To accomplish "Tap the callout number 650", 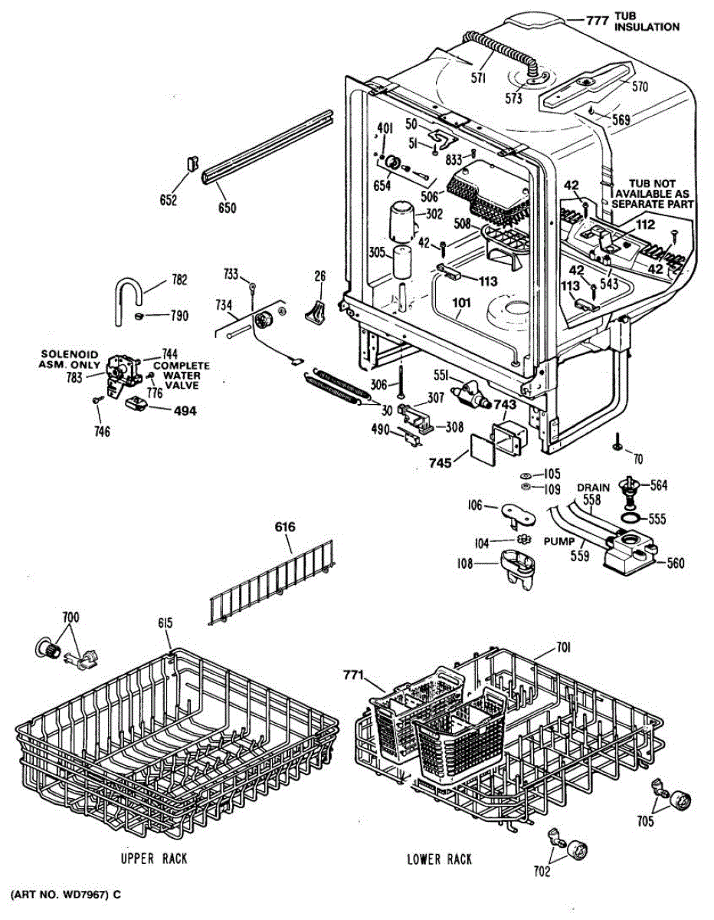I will click(227, 207).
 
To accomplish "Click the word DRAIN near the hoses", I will click(594, 488).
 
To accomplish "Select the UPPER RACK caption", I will click(154, 859).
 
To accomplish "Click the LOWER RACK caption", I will click(439, 859).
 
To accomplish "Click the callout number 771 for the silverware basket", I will click(353, 674).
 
